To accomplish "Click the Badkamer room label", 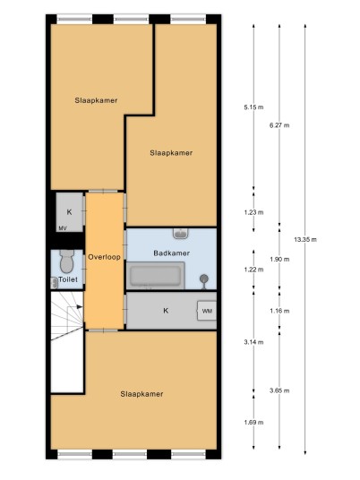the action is tap(171, 253).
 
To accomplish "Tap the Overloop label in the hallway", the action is tap(105, 257).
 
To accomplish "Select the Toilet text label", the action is tap(68, 279).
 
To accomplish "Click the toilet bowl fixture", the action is tap(67, 261).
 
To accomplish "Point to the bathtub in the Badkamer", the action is tap(156, 276).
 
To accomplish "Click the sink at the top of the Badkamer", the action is tap(181, 234).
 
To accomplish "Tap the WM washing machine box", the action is tap(207, 311).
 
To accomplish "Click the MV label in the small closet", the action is tap(63, 228).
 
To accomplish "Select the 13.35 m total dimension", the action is tap(305, 240).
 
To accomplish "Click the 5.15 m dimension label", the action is tap(253, 107).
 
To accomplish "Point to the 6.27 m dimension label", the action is tap(279, 125).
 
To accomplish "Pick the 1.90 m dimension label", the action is tap(279, 260).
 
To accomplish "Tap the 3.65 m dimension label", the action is tap(279, 391).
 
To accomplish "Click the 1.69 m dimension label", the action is tap(253, 423).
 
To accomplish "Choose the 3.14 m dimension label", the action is tap(253, 342).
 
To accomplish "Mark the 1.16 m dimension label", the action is tap(279, 312).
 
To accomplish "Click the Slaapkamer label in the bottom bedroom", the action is tap(141, 394).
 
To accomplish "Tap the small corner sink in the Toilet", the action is tap(55, 283).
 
